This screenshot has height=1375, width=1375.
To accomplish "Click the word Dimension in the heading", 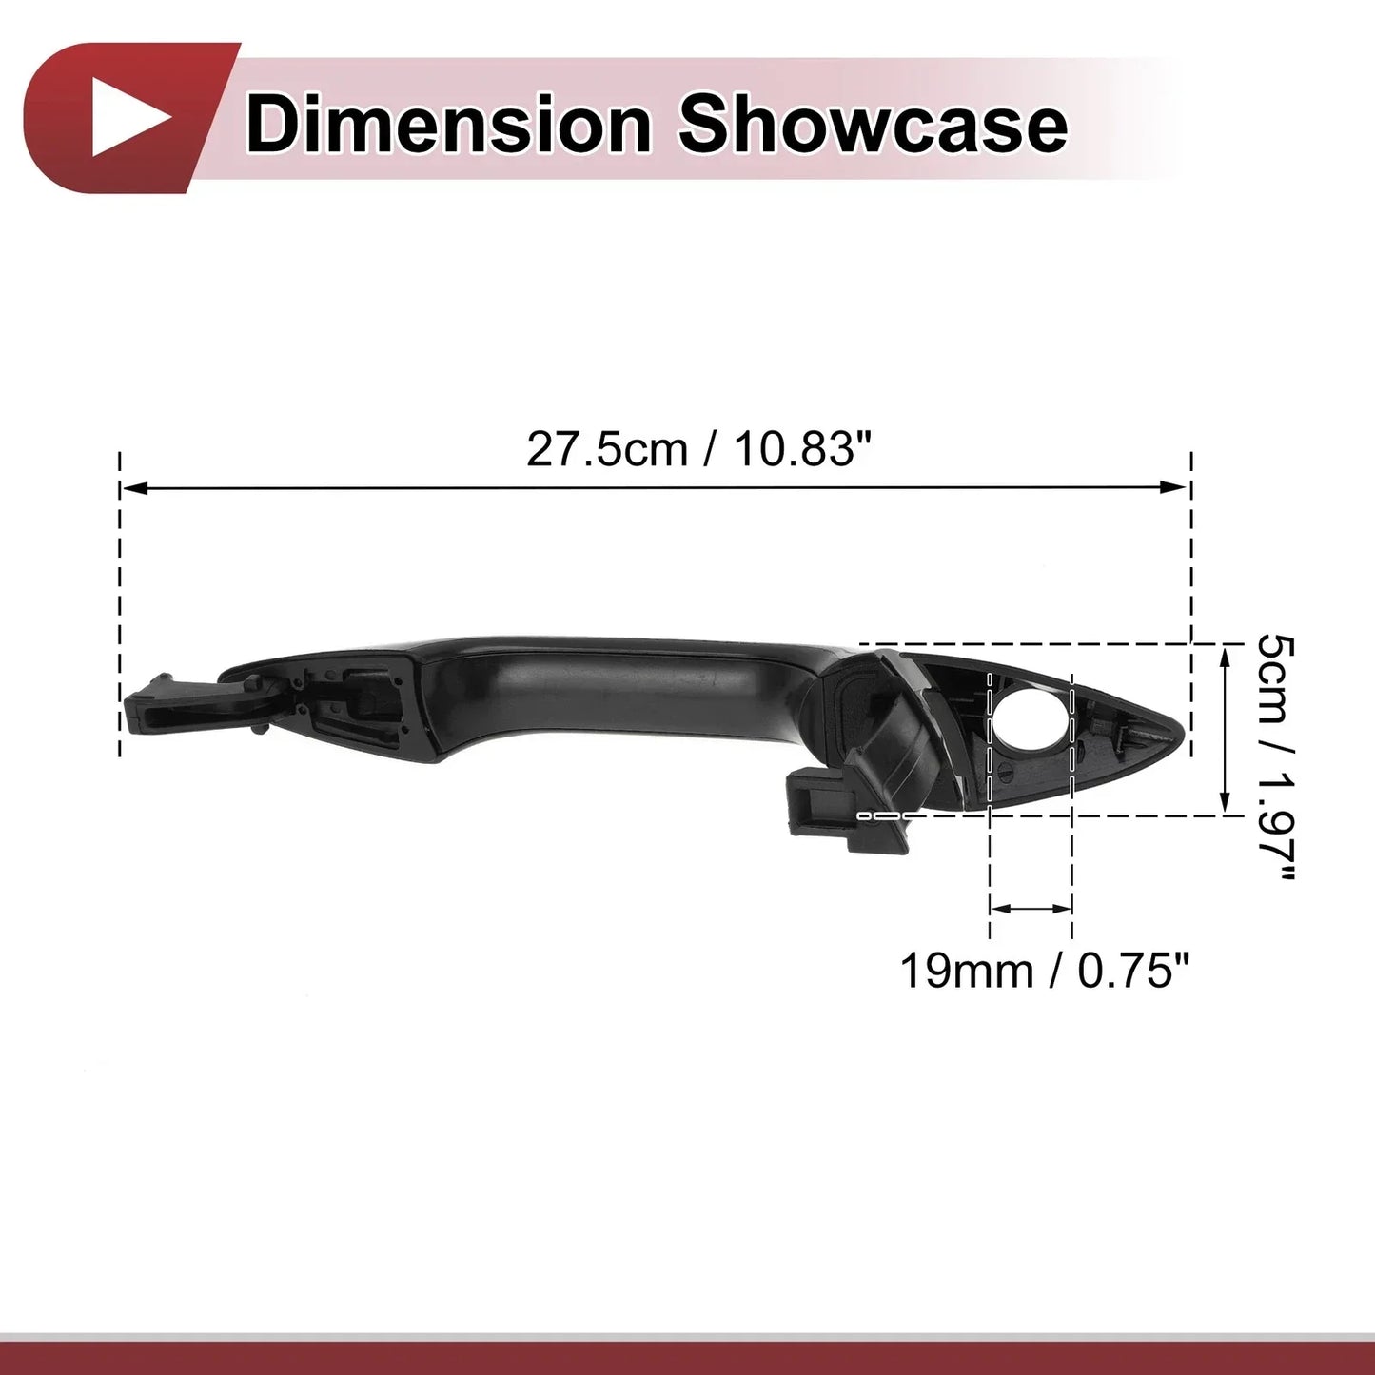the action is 448,126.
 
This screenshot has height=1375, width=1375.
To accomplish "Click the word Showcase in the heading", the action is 872,126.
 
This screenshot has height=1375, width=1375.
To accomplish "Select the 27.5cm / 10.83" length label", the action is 700,449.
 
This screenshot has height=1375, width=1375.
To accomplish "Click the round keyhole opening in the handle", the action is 1031,720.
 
